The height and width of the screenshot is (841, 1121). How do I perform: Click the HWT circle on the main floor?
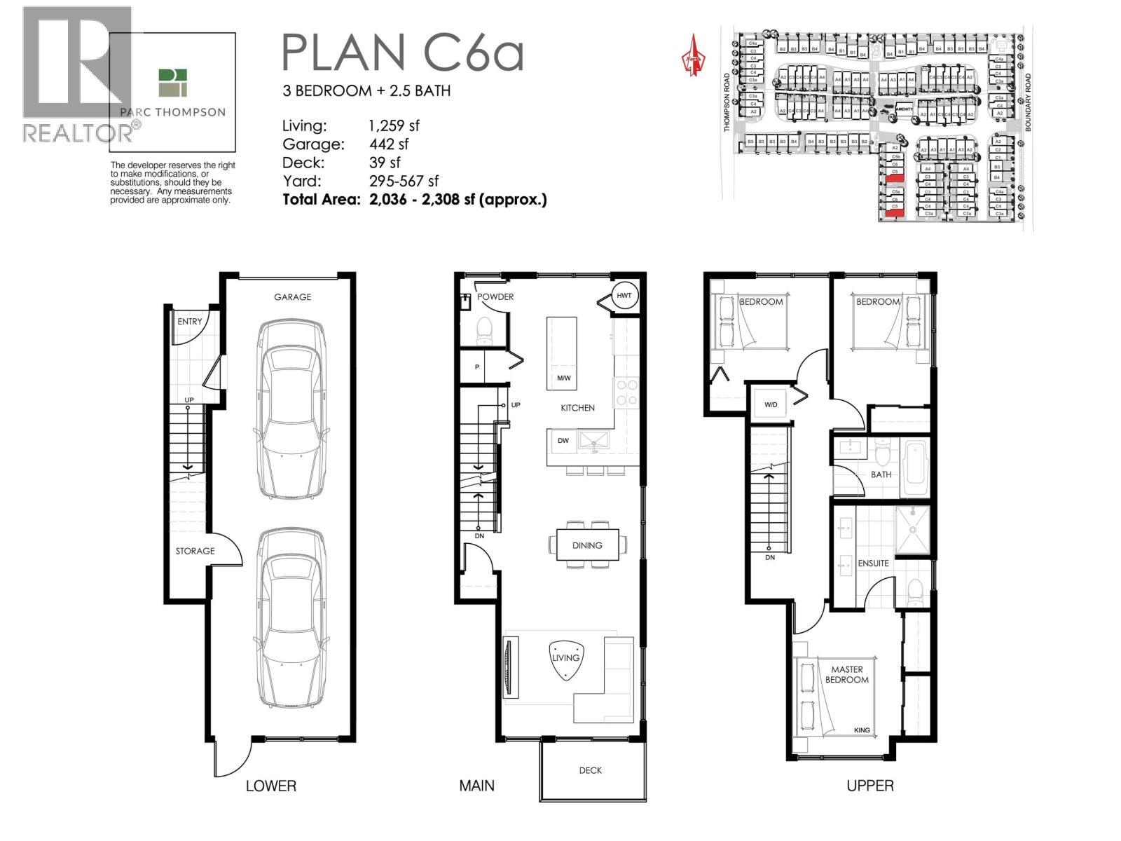pyautogui.click(x=624, y=296)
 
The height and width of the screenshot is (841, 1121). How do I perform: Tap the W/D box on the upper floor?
pyautogui.click(x=771, y=404)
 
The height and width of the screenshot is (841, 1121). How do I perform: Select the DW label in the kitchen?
pyautogui.click(x=563, y=441)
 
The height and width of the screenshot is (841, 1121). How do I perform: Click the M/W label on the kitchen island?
pyautogui.click(x=563, y=378)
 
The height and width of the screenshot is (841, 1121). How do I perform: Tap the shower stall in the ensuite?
pyautogui.click(x=913, y=531)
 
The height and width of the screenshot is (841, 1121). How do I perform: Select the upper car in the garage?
pyautogui.click(x=292, y=410)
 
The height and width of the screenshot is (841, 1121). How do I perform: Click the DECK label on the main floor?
pyautogui.click(x=591, y=770)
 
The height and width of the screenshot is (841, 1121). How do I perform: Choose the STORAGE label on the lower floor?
pyautogui.click(x=195, y=551)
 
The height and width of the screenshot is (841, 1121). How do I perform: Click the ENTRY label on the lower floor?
pyautogui.click(x=189, y=322)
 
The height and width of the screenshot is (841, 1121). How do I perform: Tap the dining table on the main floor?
pyautogui.click(x=587, y=545)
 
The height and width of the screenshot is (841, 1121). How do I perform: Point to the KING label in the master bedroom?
pyautogui.click(x=862, y=730)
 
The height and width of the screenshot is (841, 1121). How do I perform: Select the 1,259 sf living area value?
pyautogui.click(x=394, y=126)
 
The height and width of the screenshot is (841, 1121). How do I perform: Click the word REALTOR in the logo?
pyautogui.click(x=77, y=133)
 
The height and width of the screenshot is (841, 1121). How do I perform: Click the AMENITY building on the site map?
pyautogui.click(x=904, y=109)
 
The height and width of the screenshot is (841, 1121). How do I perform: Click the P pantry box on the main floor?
pyautogui.click(x=477, y=367)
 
